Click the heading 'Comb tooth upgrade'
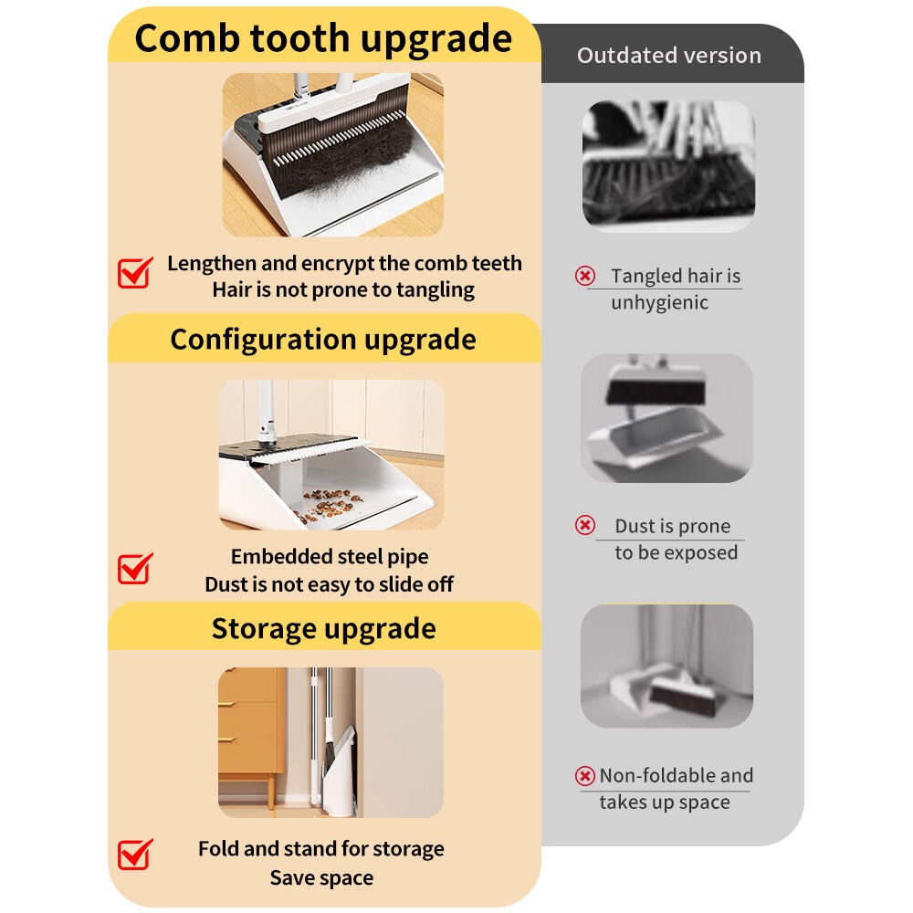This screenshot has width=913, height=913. [323, 39]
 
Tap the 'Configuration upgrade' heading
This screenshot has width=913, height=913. [323, 340]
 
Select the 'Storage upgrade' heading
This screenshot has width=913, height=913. [324, 629]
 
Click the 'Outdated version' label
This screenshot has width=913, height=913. [669, 56]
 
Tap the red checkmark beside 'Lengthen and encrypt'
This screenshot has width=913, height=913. [135, 272]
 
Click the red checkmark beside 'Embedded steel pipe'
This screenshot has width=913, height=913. [135, 568]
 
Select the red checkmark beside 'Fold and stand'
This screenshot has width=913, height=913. [135, 855]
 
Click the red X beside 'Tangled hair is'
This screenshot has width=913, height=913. [585, 276]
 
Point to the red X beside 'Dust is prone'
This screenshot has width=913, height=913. [585, 525]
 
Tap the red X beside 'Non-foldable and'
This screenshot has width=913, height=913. [585, 775]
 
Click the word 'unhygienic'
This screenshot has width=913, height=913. [660, 303]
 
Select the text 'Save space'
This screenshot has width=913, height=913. [321, 877]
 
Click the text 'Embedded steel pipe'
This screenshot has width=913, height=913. [330, 557]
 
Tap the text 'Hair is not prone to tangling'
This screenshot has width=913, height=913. [343, 290]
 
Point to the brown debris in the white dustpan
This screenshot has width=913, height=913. [328, 504]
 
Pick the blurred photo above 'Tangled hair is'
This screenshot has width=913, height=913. [669, 166]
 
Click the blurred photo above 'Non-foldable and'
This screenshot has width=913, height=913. [667, 666]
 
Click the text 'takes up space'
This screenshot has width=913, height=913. [665, 802]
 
